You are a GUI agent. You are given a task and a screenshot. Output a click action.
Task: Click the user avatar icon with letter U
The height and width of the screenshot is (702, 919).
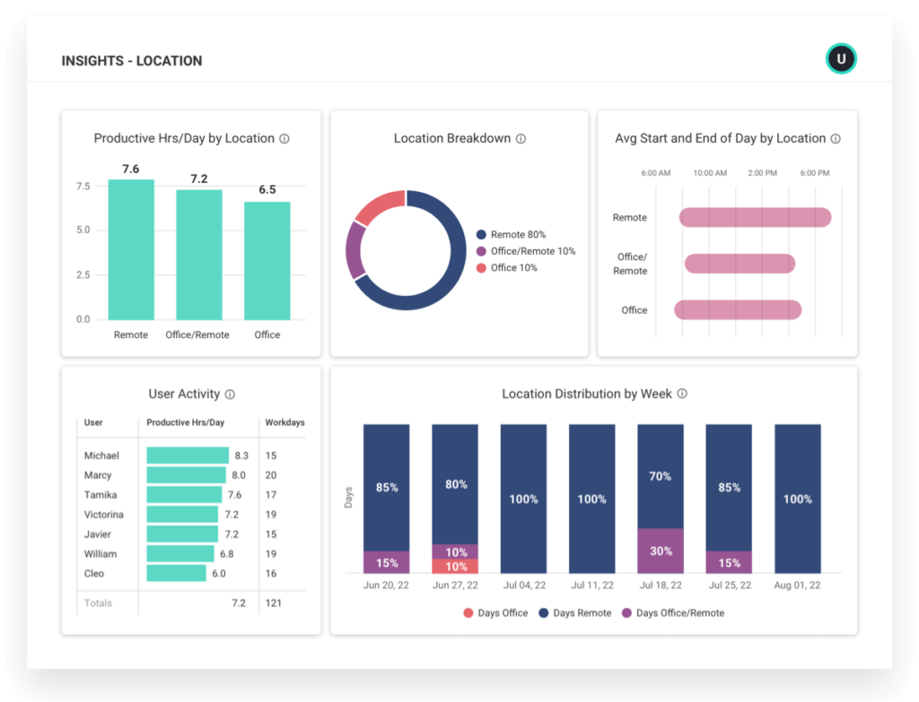pos(841,59)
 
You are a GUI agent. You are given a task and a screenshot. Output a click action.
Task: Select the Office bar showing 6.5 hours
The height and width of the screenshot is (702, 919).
pos(267,260)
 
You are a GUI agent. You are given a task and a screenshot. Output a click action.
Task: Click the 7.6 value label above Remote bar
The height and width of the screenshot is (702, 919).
pos(131,169)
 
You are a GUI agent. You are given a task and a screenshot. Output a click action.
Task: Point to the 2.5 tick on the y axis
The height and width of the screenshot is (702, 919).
pos(83,275)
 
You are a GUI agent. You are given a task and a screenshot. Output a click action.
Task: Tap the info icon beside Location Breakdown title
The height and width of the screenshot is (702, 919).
pos(521,139)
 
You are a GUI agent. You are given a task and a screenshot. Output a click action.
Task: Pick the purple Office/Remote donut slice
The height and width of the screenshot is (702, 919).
pos(355,250)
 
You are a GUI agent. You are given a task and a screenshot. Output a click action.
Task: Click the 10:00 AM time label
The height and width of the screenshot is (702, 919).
pos(709,173)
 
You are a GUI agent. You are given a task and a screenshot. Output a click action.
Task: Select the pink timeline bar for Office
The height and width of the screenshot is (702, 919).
pos(737,310)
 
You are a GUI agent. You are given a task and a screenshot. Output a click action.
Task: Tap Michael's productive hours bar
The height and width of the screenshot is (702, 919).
pos(188,455)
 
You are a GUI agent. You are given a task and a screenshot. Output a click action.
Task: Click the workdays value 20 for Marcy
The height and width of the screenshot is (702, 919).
pos(271,475)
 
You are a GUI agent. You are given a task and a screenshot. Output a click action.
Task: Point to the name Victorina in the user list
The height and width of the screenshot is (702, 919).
pos(104,515)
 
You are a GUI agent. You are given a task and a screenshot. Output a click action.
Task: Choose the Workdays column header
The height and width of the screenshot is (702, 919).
pos(284,422)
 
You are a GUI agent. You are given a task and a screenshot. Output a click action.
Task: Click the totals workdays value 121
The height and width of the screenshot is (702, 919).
pos(273,603)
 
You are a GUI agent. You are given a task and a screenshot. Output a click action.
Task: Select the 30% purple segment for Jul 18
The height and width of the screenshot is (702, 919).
pos(661,550)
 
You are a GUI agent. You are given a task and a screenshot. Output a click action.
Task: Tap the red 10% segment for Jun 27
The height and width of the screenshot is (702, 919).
pos(455,567)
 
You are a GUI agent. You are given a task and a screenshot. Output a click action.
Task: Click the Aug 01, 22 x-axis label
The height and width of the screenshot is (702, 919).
pos(797,585)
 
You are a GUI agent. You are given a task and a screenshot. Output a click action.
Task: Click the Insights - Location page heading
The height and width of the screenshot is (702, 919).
pos(132,61)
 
